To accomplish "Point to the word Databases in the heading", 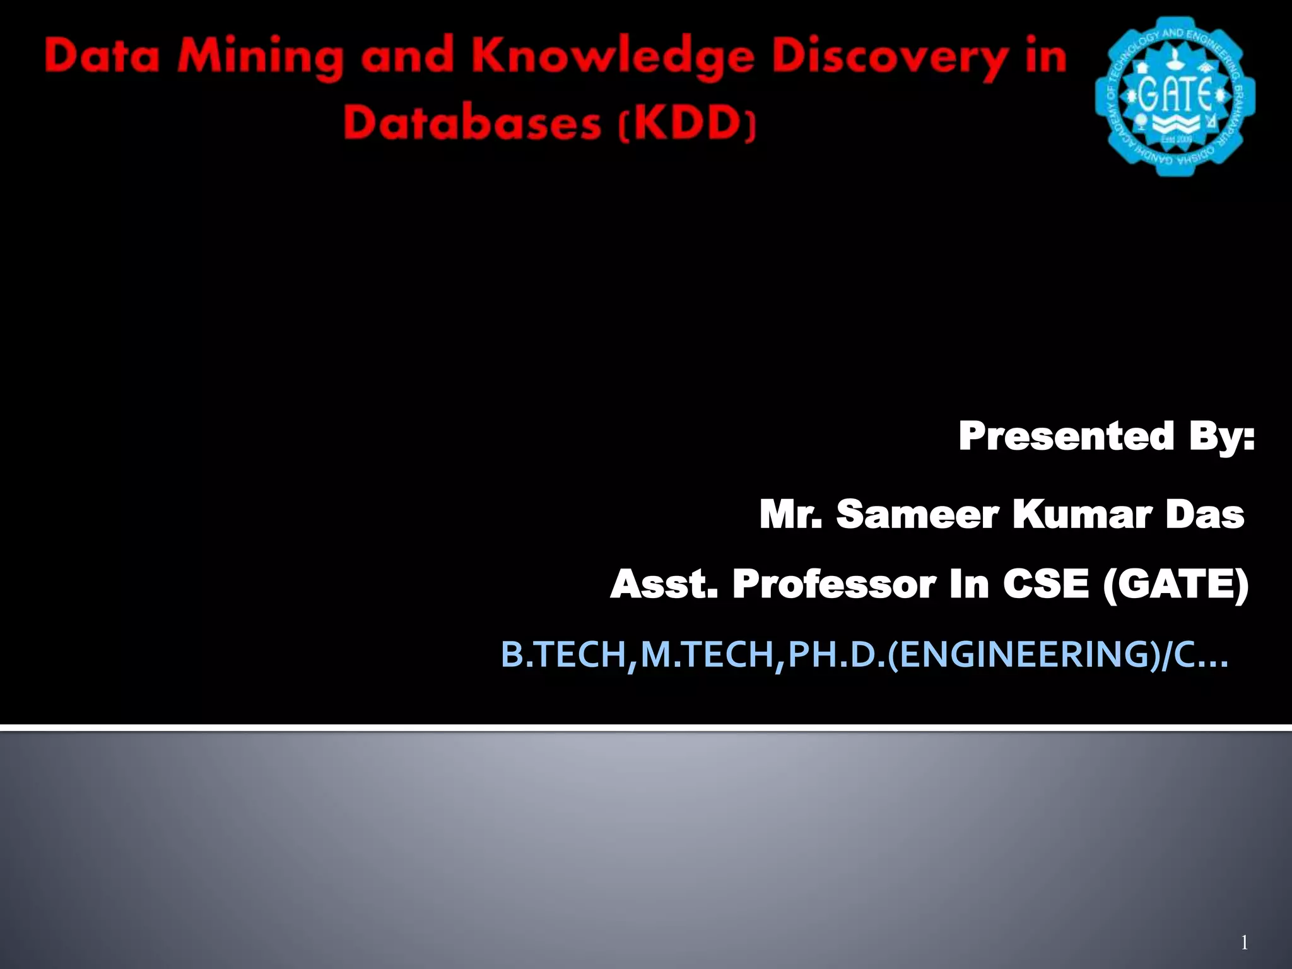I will click(473, 122).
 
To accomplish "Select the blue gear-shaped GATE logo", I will click(1175, 96).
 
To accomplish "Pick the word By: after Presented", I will click(1222, 437).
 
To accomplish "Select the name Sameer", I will click(917, 514).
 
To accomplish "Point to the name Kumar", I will click(1081, 514).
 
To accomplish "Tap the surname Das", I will click(1204, 514).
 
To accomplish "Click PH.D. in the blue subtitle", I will click(837, 654).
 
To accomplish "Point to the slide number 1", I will click(1244, 943).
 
